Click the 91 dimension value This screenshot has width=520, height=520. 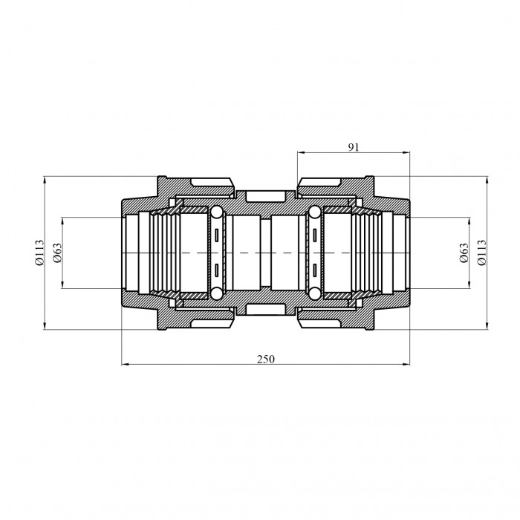click(x=354, y=147)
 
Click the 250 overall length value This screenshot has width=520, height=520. click(x=266, y=359)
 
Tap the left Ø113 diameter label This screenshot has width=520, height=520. click(x=39, y=253)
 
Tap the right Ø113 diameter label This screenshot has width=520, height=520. click(x=481, y=253)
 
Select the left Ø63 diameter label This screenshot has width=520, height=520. click(x=57, y=253)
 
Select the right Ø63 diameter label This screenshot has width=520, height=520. click(x=464, y=253)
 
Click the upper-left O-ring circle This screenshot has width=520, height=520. click(x=217, y=212)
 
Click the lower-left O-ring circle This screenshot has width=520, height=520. click(x=217, y=293)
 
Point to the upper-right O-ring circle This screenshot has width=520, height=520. click(x=314, y=212)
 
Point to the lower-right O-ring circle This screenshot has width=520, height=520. click(x=314, y=293)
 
